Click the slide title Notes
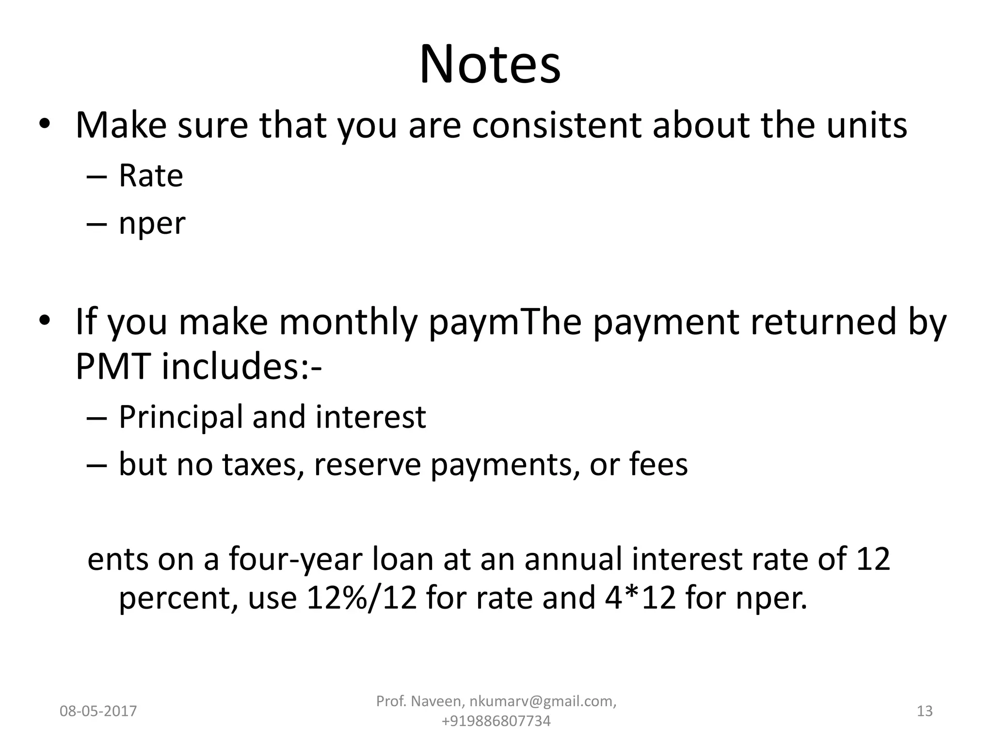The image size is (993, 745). tap(490, 65)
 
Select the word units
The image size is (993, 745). tap(866, 125)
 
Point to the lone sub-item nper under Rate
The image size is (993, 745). tap(152, 224)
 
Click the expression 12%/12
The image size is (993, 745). tap(362, 598)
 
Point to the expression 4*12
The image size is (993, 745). tap(641, 598)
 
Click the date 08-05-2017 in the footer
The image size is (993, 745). tap(98, 712)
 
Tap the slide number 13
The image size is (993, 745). tap(925, 712)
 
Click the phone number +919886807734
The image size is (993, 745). tap(496, 721)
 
